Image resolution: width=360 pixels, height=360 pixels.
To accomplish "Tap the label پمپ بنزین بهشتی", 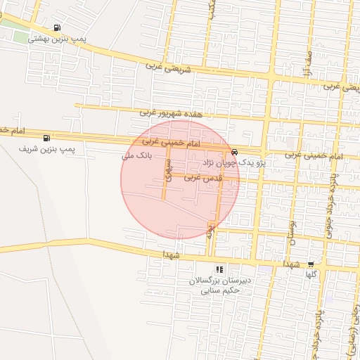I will tap(57, 39).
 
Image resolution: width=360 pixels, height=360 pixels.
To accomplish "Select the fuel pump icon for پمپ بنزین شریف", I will tap(47, 138).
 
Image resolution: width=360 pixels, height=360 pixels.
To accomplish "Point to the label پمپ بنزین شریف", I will tap(48, 149).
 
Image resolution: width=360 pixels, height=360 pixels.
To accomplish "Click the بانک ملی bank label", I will tap(137, 155).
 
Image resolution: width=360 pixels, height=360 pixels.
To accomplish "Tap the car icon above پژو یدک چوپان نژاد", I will tap(234, 152).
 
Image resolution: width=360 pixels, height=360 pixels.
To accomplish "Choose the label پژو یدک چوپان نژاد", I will tap(231, 162).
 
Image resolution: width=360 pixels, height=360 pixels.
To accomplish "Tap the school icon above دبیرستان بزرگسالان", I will tap(219, 269).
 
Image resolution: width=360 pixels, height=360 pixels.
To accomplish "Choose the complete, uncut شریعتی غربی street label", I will tap(169, 67).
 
